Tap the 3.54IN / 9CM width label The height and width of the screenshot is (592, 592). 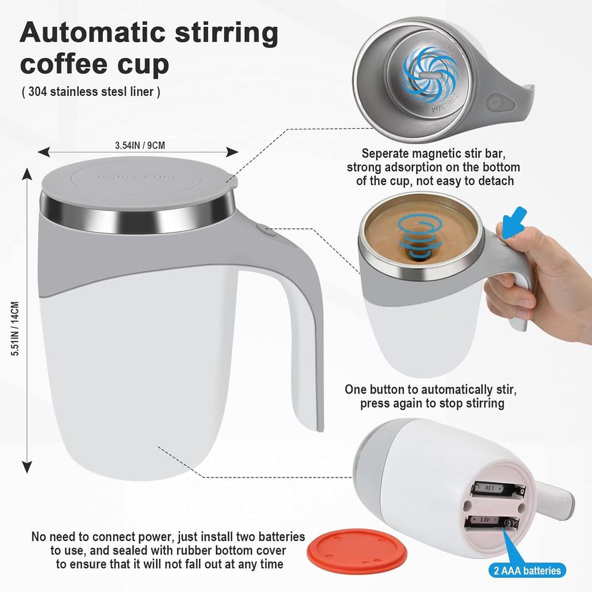140,145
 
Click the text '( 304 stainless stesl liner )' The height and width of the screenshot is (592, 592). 91,91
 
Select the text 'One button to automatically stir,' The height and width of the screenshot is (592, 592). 434,389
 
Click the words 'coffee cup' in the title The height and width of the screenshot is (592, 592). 94,64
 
